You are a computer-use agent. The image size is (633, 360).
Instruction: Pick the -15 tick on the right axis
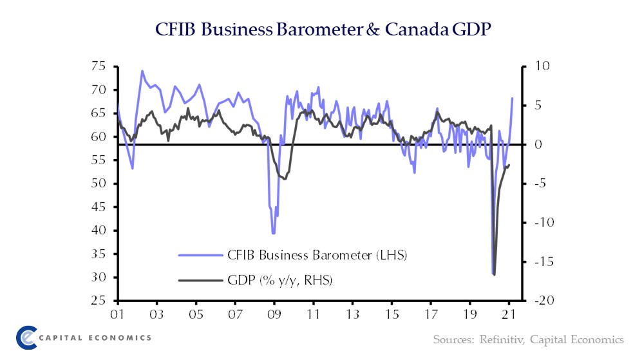(538, 262)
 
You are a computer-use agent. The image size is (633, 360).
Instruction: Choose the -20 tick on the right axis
(538, 301)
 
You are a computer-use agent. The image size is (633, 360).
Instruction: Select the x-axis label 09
(274, 316)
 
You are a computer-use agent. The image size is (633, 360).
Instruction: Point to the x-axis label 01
(117, 316)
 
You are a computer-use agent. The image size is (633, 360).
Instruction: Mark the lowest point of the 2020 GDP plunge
(495, 275)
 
